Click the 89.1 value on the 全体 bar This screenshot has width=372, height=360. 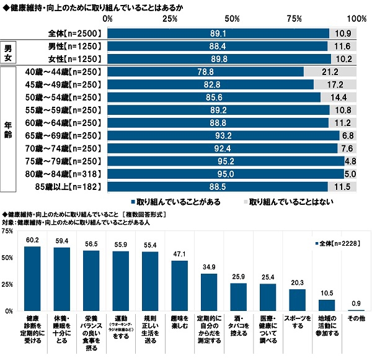point(218,33)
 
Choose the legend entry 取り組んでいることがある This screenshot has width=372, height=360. point(175,202)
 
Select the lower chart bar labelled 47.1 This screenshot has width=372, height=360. point(179,286)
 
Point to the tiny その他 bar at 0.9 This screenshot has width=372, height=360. point(356,310)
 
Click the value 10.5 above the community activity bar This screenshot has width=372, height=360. point(326,294)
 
